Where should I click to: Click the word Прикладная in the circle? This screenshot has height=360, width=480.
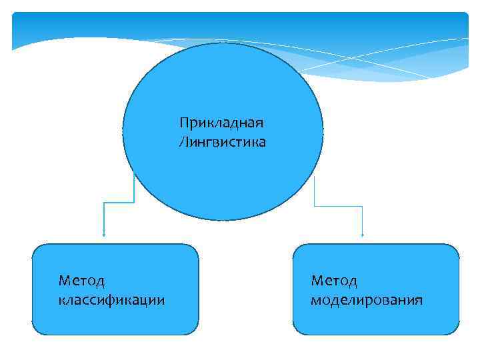tap(222, 123)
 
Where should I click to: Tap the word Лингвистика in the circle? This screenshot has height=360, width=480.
tap(222, 142)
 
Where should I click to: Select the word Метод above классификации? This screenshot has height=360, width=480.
tap(82, 281)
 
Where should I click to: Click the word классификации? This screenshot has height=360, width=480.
tap(111, 300)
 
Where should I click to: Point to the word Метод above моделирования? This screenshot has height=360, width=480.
tap(334, 281)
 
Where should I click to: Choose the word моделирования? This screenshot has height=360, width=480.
tap(366, 300)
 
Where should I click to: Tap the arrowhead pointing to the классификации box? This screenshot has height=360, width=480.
tap(104, 234)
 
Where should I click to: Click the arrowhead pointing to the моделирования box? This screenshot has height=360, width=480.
tap(362, 234)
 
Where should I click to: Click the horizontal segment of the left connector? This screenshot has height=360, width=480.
tap(119, 202)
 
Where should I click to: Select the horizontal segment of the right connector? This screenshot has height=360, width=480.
tap(338, 206)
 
